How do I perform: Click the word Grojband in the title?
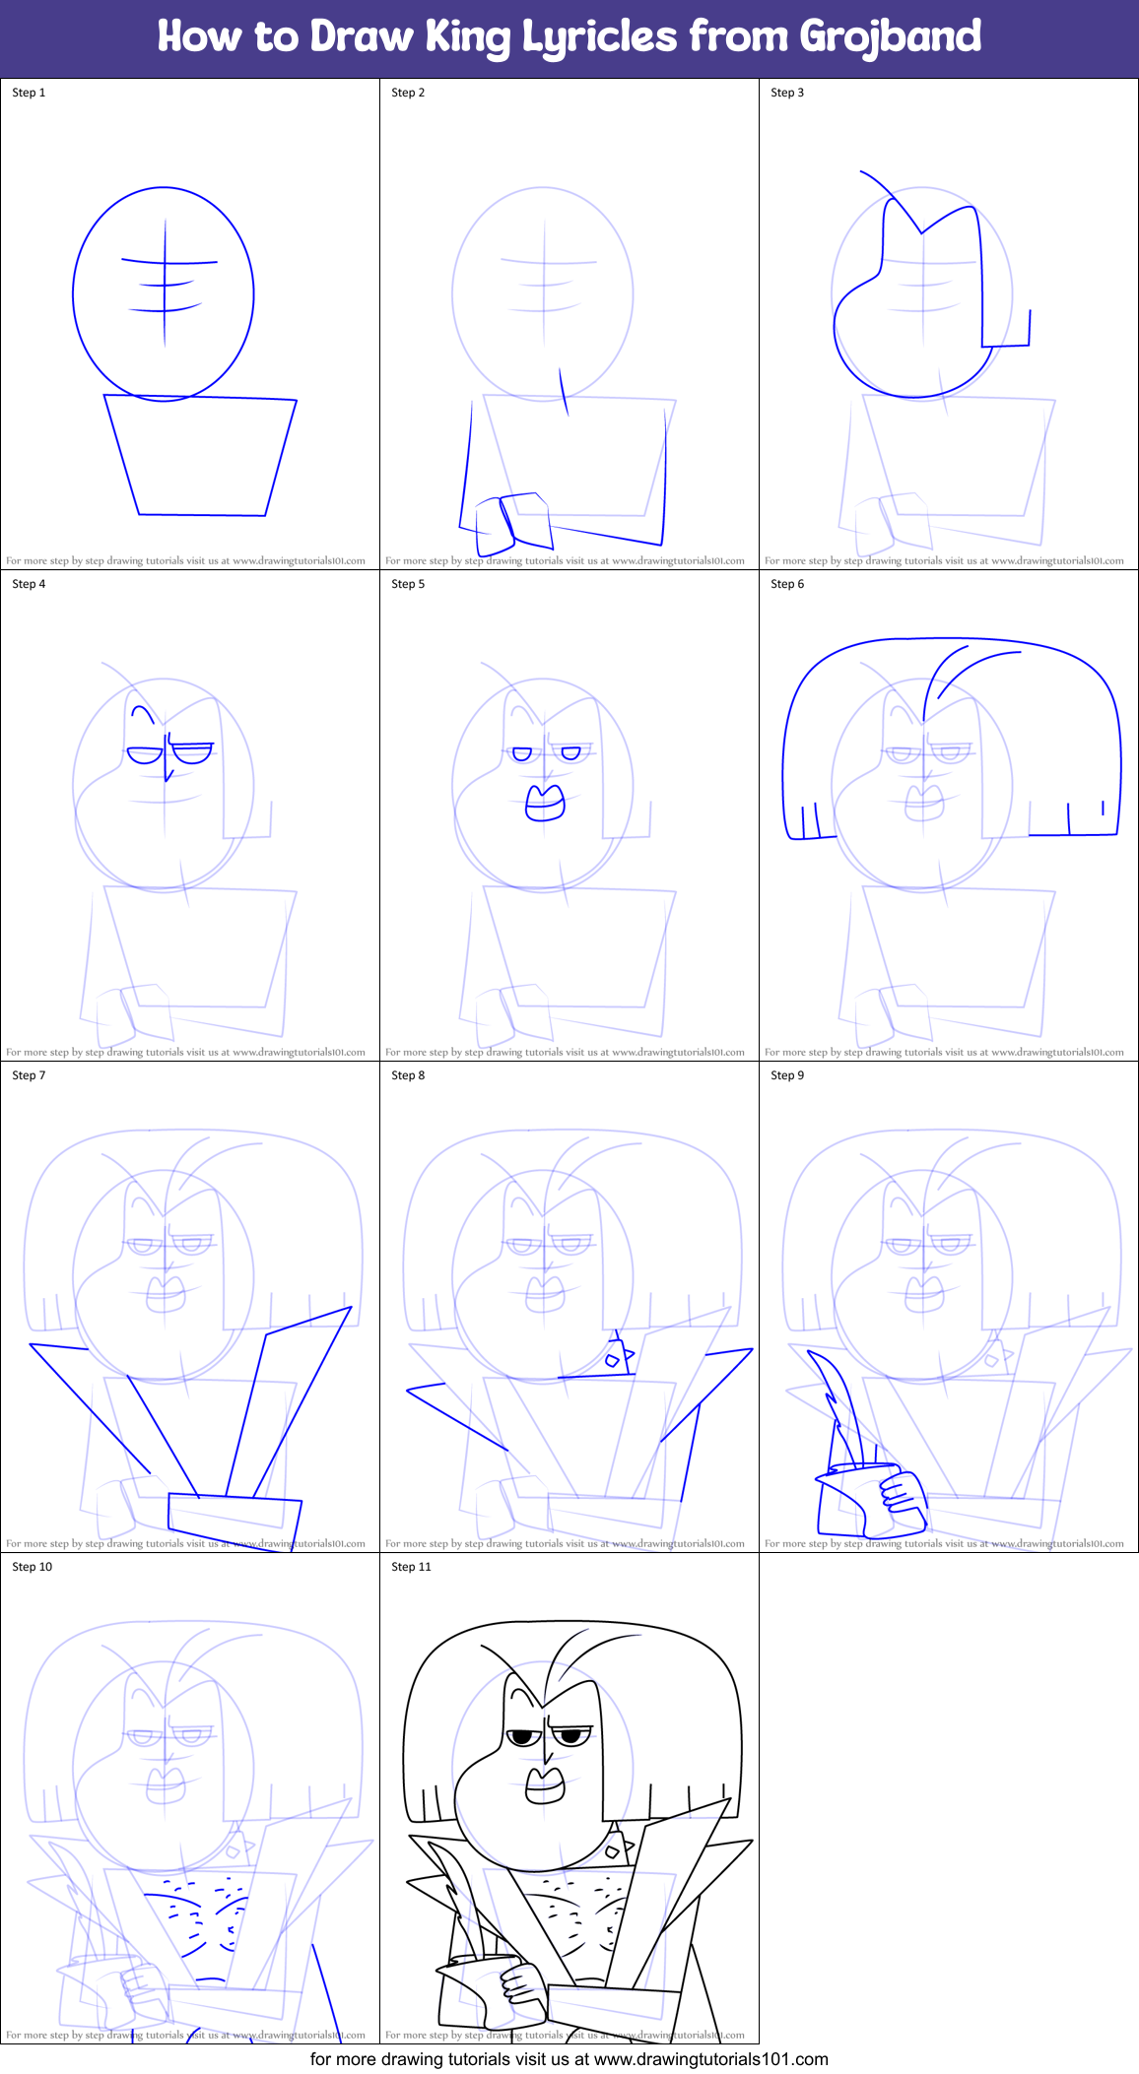pyautogui.click(x=890, y=37)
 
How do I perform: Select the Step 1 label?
pyautogui.click(x=29, y=93)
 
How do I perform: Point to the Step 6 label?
pyautogui.click(x=787, y=584)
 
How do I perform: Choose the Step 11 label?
pyautogui.click(x=411, y=1567)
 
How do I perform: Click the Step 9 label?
pyautogui.click(x=787, y=1075)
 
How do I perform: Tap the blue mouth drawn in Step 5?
pyautogui.click(x=545, y=803)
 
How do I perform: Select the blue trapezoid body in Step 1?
pyautogui.click(x=201, y=455)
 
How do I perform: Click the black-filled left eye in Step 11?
pyautogui.click(x=523, y=1737)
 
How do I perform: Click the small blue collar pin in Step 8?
pyautogui.click(x=613, y=1360)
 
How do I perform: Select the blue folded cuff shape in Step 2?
pyautogui.click(x=512, y=519)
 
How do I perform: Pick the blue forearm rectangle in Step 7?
pyautogui.click(x=234, y=1512)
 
